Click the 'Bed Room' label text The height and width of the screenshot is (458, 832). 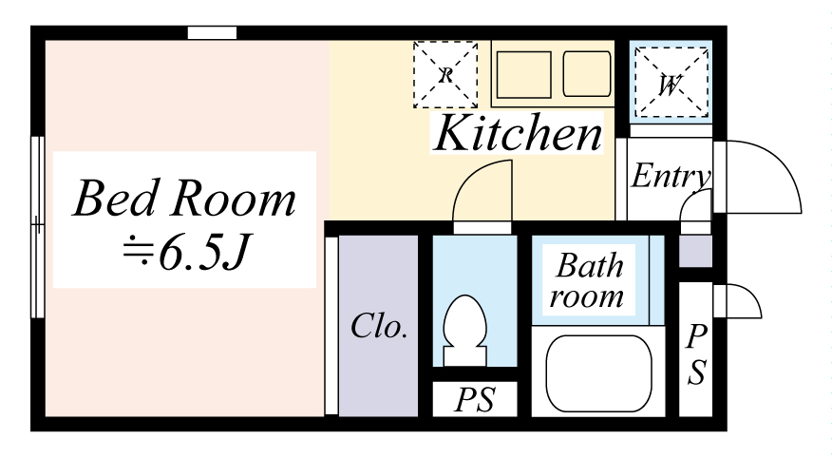[184, 200]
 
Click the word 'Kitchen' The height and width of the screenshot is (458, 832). [519, 134]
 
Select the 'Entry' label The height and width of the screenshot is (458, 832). [671, 177]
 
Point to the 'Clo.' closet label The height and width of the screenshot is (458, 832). [379, 327]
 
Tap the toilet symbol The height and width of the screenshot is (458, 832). [465, 330]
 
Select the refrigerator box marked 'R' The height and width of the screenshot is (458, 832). [444, 74]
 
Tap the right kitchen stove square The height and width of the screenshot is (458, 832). [587, 73]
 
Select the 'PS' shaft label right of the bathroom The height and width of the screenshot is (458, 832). [696, 354]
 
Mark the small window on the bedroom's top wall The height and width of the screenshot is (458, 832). [211, 33]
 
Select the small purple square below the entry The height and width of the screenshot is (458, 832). [695, 252]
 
